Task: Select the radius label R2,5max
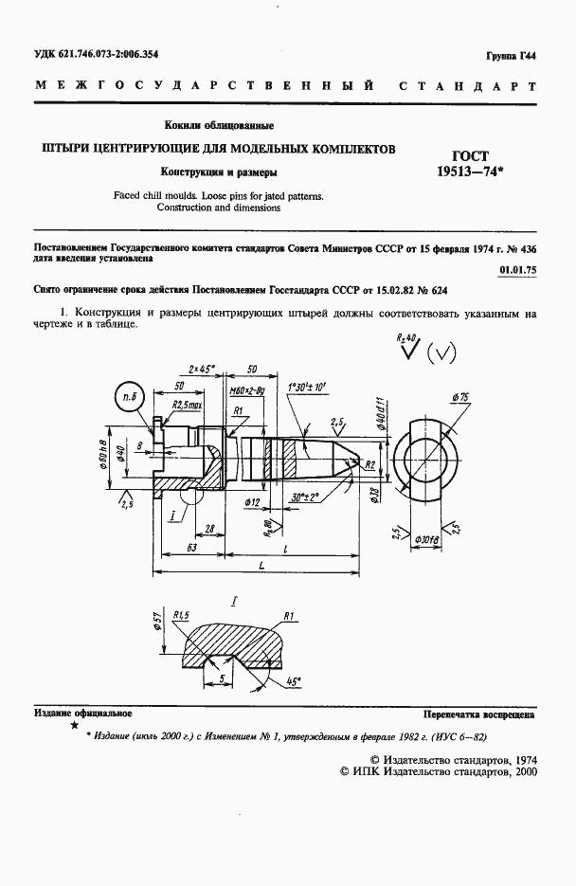point(187,406)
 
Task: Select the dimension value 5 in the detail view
point(221,679)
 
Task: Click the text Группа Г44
point(513,58)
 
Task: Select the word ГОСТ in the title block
point(459,154)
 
